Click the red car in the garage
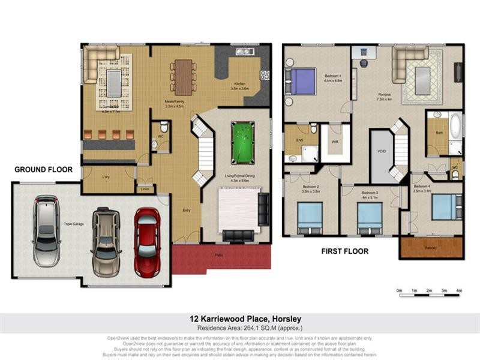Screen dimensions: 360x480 click(x=146, y=241)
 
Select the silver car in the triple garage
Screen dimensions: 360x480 click(x=46, y=231)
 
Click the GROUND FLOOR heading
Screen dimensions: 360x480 click(x=43, y=170)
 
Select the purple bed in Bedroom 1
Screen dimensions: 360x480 click(x=302, y=80)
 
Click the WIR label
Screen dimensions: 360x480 click(x=335, y=142)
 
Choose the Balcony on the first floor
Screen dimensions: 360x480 click(x=431, y=247)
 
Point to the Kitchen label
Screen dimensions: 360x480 click(x=239, y=84)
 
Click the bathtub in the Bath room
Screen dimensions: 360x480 click(x=455, y=127)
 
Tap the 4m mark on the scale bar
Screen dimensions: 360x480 click(x=459, y=291)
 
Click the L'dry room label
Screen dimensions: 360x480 click(x=106, y=178)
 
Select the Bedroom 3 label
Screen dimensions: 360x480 click(x=370, y=194)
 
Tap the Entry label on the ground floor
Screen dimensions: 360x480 click(x=187, y=210)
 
